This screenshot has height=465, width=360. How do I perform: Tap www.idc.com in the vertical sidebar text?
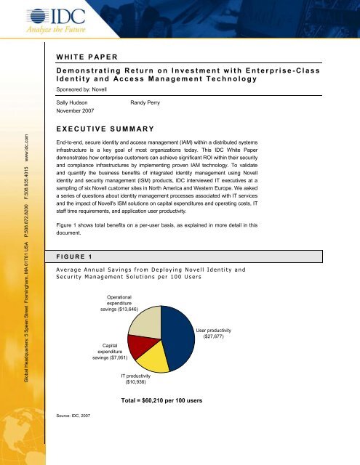(25, 149)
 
